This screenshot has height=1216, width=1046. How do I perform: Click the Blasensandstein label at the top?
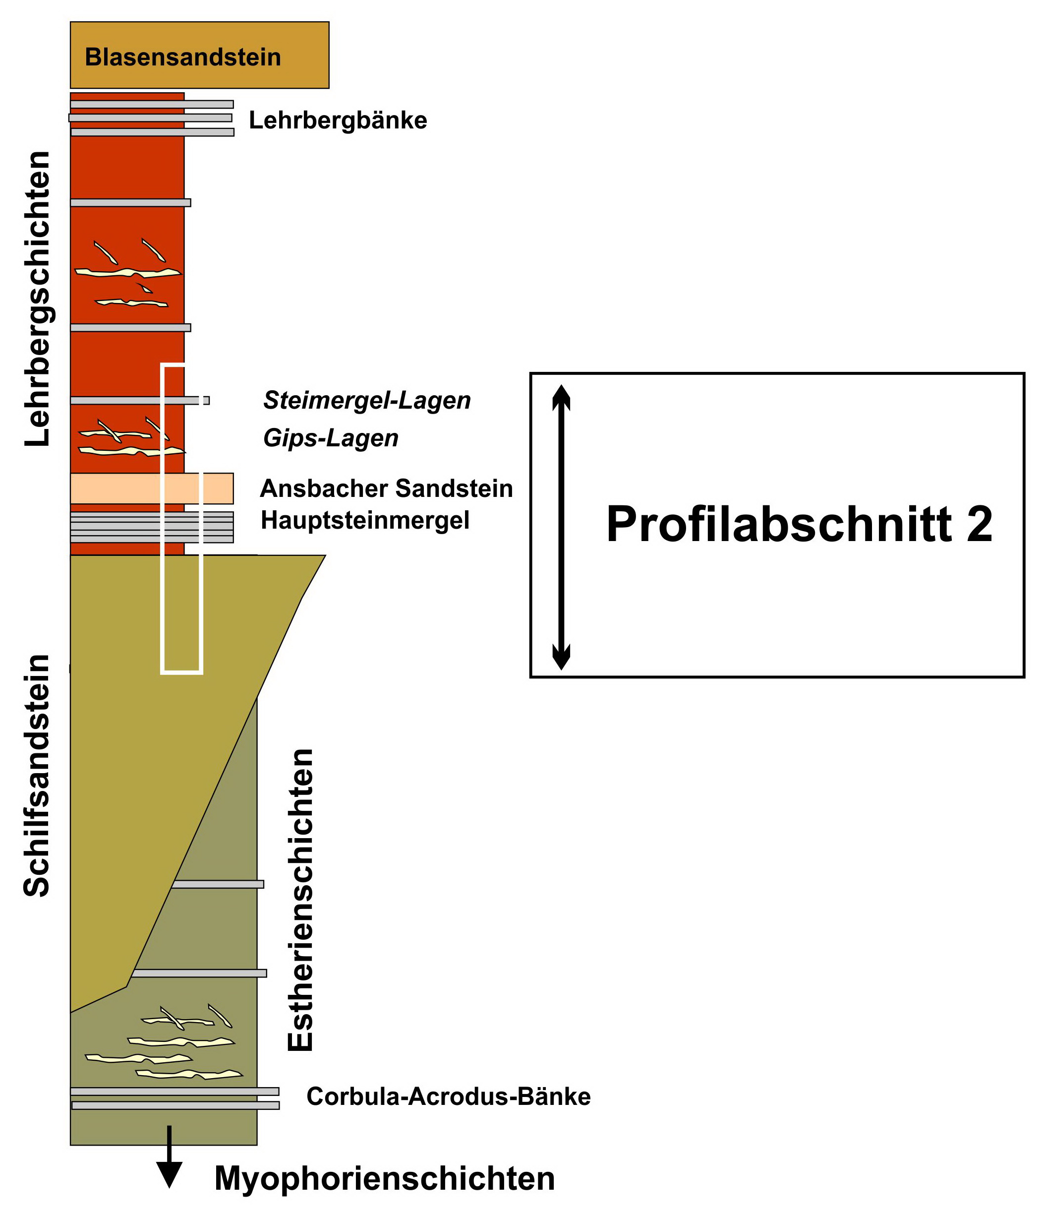[x=182, y=57]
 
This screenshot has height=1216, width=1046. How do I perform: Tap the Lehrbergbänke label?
[x=338, y=121]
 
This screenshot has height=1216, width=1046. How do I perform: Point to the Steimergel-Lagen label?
[x=367, y=400]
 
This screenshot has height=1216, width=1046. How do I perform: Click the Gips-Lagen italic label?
[x=330, y=438]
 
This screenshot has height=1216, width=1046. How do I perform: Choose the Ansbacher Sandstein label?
[x=386, y=488]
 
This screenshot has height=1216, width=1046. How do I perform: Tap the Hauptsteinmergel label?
[x=365, y=520]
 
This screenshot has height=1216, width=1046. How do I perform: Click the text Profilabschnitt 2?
[x=799, y=524]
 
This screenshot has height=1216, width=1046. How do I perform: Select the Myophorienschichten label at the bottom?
[x=384, y=1178]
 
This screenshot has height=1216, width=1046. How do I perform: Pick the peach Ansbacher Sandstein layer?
[x=117, y=488]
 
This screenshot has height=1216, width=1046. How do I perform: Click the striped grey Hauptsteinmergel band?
[x=117, y=527]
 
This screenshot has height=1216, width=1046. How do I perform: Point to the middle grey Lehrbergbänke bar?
[x=150, y=118]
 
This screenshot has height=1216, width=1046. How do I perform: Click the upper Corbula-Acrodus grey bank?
[x=174, y=1091]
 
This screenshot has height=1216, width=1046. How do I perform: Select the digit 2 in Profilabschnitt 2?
[x=979, y=524]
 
